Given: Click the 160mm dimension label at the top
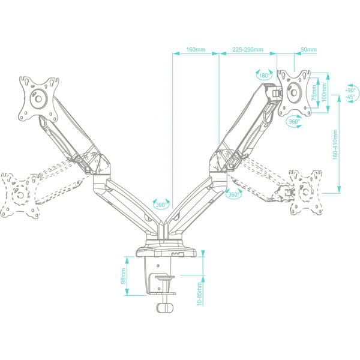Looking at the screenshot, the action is click(x=196, y=50).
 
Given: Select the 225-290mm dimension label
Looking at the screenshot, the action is click(x=248, y=50).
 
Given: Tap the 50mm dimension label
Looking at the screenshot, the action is click(x=308, y=50).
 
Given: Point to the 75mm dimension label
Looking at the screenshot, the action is click(x=314, y=93).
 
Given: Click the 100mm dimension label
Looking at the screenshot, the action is click(x=324, y=93).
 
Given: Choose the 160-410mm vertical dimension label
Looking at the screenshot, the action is click(x=335, y=145).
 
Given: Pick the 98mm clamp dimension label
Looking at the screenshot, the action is click(x=123, y=276).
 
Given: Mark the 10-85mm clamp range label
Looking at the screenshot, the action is click(x=199, y=294).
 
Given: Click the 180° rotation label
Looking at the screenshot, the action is click(x=264, y=76).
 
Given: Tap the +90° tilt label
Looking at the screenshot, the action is click(x=350, y=90).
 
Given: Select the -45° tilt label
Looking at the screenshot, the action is click(x=350, y=97).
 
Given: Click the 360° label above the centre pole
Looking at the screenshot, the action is click(x=161, y=205).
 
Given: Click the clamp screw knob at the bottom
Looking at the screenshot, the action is click(x=164, y=308).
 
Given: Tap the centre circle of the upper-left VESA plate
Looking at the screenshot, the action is click(x=38, y=99).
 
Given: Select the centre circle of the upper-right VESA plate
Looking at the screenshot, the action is click(x=293, y=93).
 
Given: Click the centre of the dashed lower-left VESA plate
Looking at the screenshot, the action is click(x=20, y=195).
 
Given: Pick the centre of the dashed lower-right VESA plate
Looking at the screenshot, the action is click(x=306, y=192).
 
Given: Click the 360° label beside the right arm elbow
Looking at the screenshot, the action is click(x=233, y=194).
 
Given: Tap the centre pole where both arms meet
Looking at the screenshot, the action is click(x=164, y=230).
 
